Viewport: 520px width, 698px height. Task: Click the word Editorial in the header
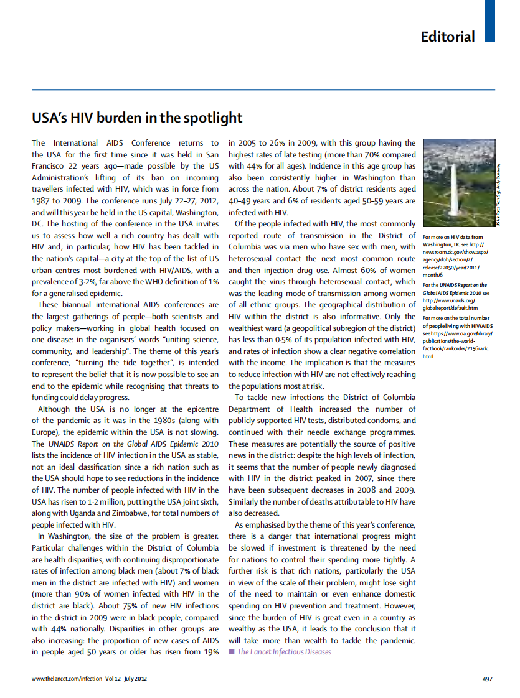coord(447,37)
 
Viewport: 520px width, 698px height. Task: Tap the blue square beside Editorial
coord(489,21)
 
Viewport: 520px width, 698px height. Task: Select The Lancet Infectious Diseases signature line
coord(284,652)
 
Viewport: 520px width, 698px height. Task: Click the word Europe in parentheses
coord(46,432)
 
